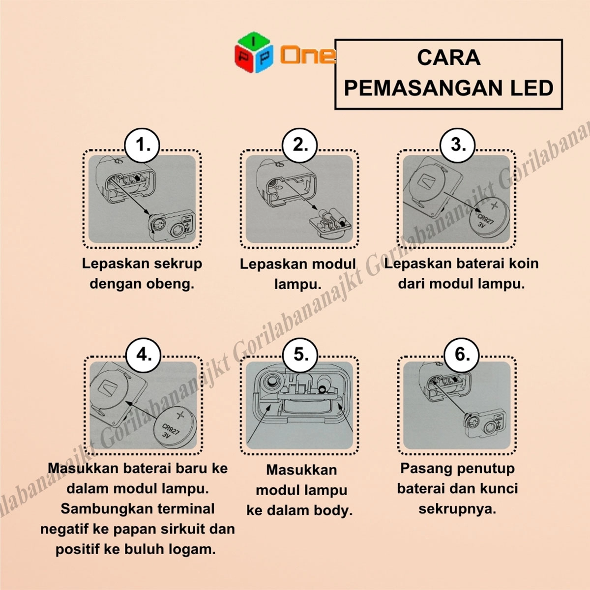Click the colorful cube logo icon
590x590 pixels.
(x=254, y=52)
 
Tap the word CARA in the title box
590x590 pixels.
(x=448, y=58)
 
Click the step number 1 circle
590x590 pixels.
(x=142, y=145)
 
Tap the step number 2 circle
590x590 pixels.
(x=299, y=145)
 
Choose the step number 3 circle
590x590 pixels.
(x=457, y=145)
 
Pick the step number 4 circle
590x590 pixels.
(x=143, y=355)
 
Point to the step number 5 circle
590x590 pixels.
(x=300, y=355)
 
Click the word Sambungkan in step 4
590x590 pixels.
(x=107, y=509)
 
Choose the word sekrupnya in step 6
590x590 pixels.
(x=457, y=509)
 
